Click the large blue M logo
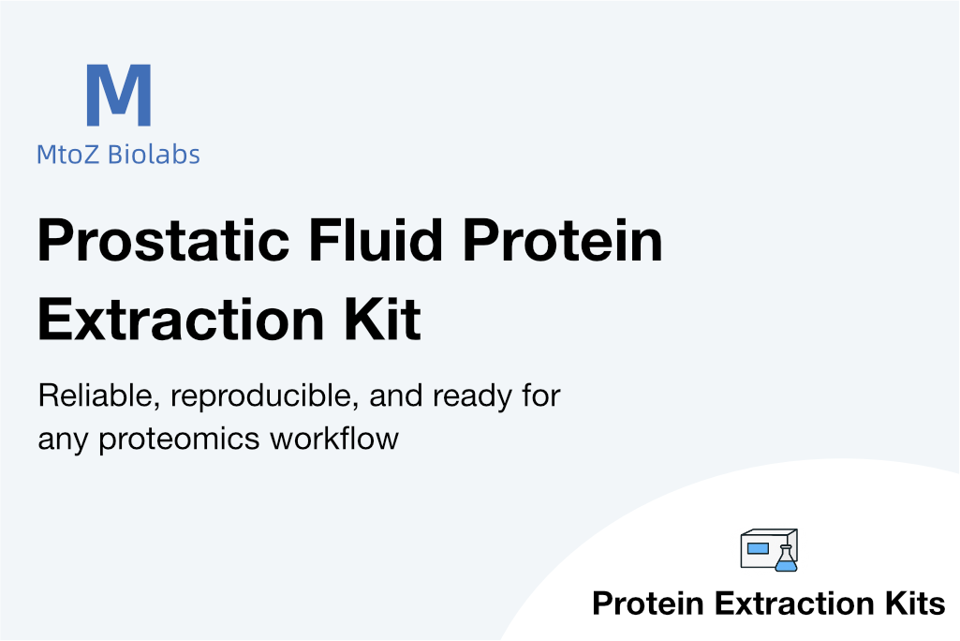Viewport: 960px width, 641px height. [119, 95]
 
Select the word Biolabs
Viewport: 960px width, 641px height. [154, 154]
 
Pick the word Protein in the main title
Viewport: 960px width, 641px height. [563, 240]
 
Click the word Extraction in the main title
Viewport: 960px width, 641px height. [181, 320]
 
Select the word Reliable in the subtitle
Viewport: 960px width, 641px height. [99, 395]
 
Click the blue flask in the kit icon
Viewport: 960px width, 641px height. [786, 559]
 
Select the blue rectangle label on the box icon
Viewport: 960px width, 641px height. [758, 548]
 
